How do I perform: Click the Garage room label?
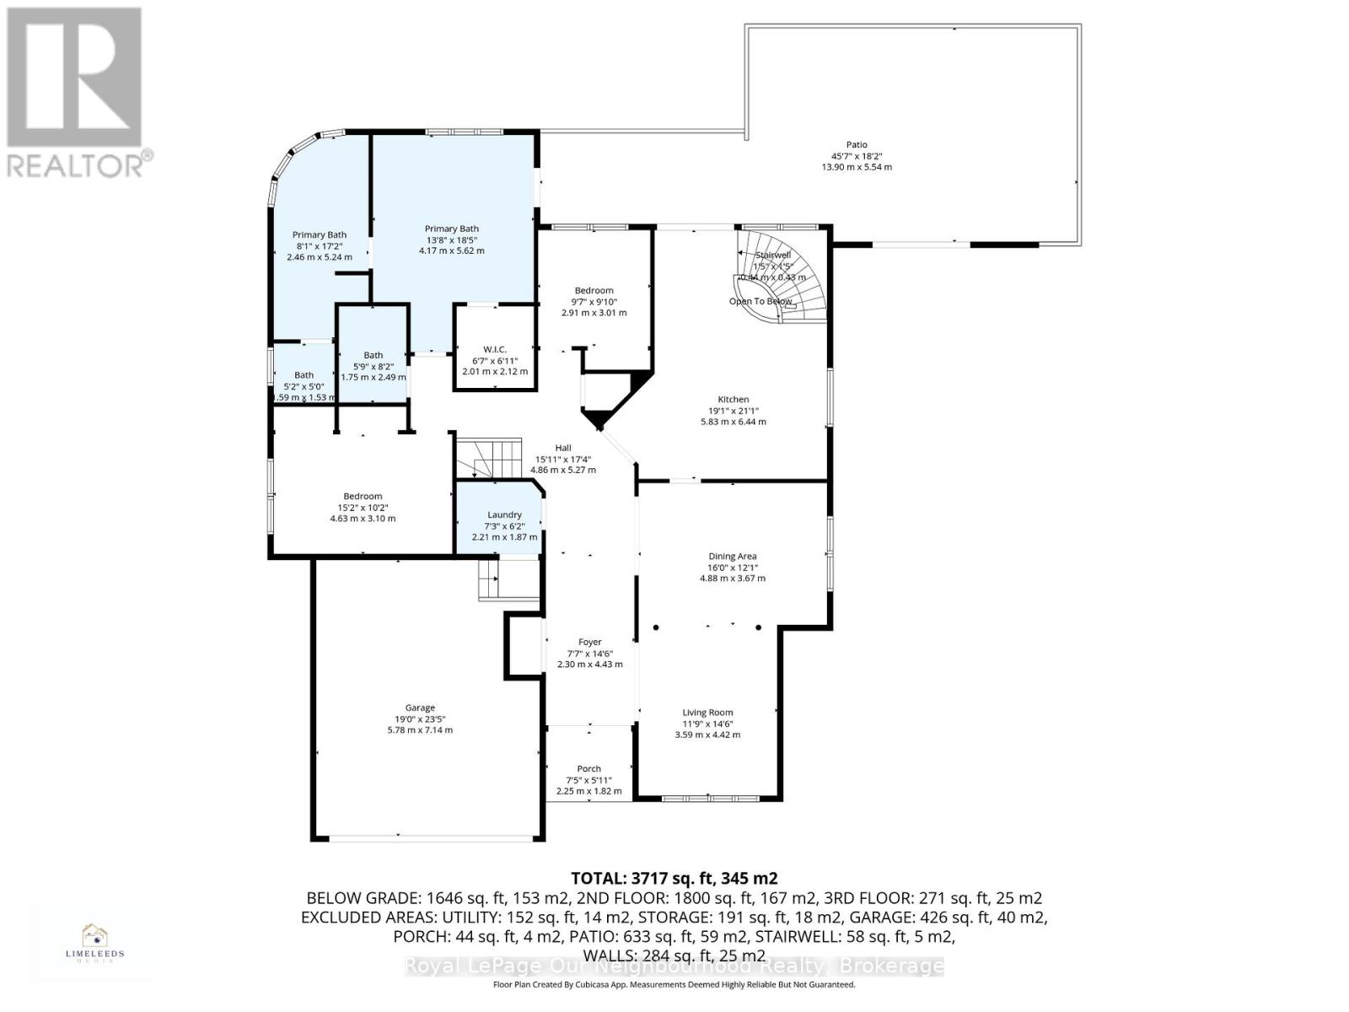point(420,708)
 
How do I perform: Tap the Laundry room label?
point(504,515)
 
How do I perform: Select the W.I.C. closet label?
point(495,349)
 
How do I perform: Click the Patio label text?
point(857,145)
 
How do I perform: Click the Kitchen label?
point(733,400)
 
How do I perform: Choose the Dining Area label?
point(732,557)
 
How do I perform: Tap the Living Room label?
point(707,713)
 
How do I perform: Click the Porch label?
point(589,769)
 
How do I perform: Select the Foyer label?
point(589,643)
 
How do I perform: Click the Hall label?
point(562,449)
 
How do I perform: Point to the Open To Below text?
point(760,301)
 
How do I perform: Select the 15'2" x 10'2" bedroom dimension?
point(363,508)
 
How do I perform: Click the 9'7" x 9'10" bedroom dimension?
point(594,302)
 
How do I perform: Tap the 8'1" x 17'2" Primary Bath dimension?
point(320,246)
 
